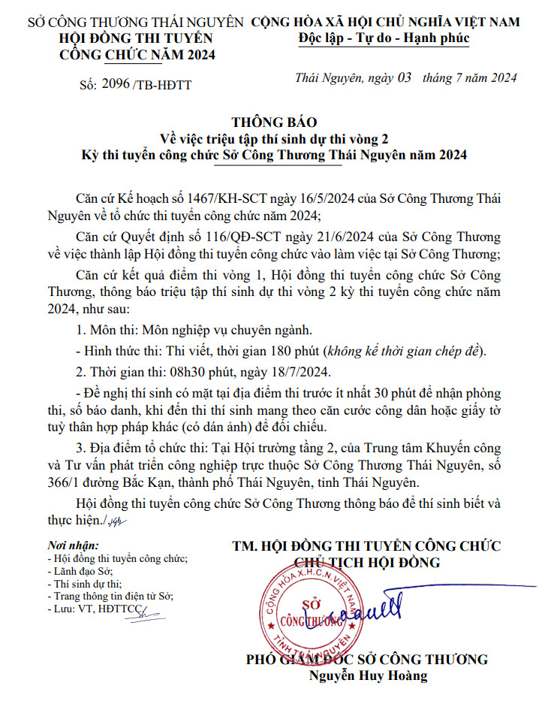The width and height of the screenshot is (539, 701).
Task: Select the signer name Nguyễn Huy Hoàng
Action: point(368,675)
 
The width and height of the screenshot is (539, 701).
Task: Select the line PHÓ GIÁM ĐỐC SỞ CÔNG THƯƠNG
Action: point(367,660)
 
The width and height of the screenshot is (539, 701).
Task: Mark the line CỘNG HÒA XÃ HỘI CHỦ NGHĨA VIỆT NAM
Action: point(386,22)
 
